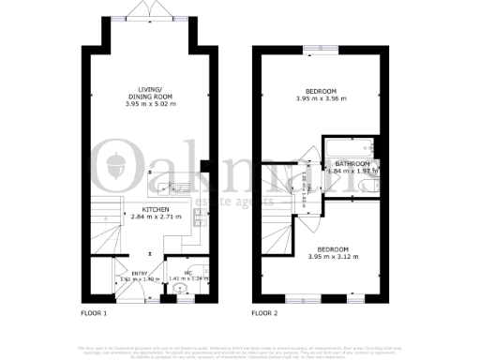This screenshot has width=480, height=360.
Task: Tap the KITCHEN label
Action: pyautogui.click(x=155, y=210)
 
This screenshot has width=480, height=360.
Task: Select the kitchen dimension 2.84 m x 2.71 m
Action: pyautogui.click(x=155, y=217)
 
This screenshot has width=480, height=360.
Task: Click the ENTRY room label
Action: pyautogui.click(x=126, y=273)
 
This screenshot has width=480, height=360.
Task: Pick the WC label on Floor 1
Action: pyautogui.click(x=187, y=273)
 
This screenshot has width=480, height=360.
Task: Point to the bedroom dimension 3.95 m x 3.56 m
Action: pyautogui.click(x=322, y=98)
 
